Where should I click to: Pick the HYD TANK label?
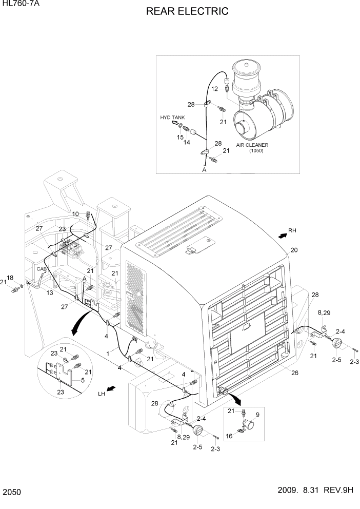[x=172, y=118]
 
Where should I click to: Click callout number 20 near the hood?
[x=294, y=250]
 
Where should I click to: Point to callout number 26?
[x=295, y=373]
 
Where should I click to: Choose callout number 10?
[x=75, y=213]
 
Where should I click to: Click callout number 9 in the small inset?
[x=257, y=414]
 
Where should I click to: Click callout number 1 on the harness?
[x=108, y=353]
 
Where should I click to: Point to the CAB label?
[x=41, y=268]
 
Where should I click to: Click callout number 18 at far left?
[x=10, y=278]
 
